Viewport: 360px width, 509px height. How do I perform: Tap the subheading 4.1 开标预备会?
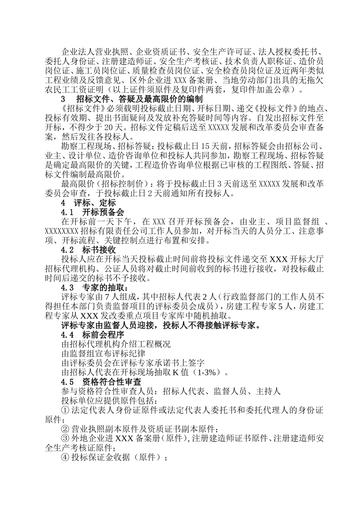click(x=92, y=212)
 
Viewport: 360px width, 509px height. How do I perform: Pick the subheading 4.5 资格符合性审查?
click(x=101, y=382)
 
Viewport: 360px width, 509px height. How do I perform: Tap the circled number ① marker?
click(x=65, y=410)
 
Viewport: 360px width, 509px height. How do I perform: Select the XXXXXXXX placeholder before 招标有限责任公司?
click(x=62, y=231)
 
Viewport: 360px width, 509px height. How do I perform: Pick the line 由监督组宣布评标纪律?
click(x=103, y=354)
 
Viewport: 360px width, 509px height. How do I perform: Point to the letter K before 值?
click(x=175, y=372)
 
